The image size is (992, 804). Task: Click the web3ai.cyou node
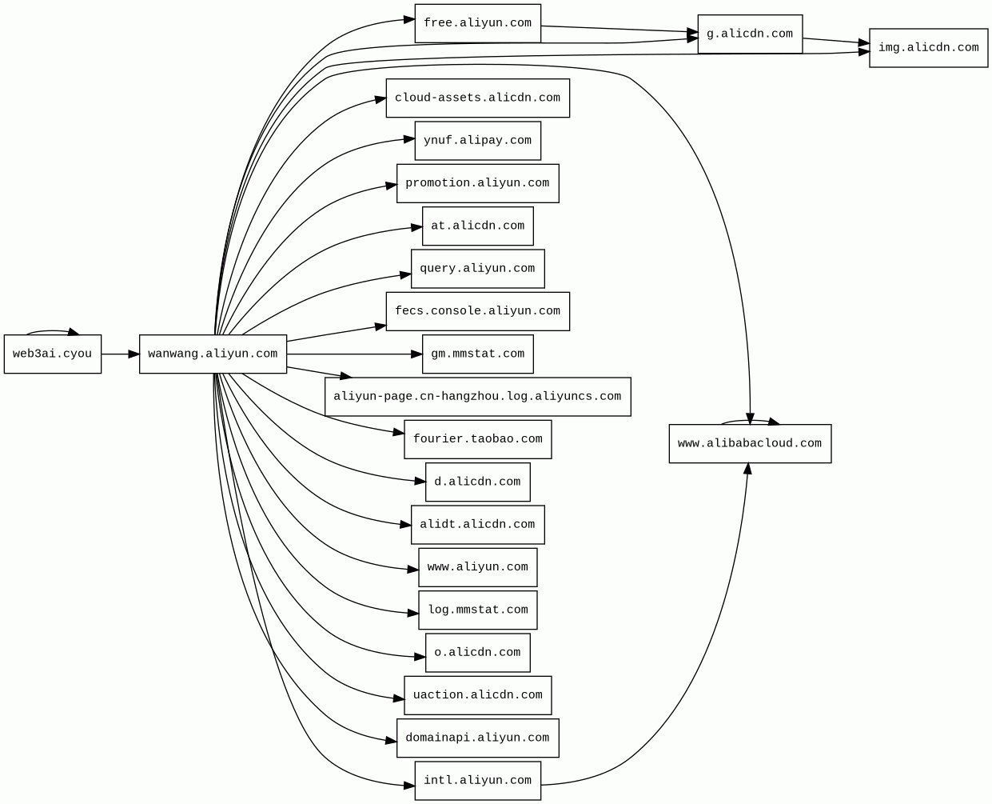[53, 354]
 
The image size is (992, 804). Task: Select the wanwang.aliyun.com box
[213, 354]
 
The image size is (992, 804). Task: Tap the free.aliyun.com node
[477, 24]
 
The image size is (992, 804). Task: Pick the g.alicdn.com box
[750, 34]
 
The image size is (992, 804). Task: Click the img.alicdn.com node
[928, 48]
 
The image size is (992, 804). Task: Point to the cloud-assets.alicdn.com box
[477, 98]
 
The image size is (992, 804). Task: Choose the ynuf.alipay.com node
[477, 141]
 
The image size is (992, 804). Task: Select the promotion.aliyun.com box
[477, 184]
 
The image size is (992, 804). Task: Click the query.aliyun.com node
[477, 269]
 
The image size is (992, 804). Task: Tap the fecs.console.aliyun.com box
[477, 312]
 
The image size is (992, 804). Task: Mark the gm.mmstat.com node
[477, 354]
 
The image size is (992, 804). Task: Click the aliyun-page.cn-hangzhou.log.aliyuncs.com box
[477, 397]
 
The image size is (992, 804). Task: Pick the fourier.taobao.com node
[477, 440]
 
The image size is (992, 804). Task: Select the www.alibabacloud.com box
[750, 444]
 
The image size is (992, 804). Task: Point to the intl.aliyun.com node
[477, 781]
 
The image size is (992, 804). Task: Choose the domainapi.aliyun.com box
[477, 738]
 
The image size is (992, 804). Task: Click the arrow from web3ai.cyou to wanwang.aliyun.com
[120, 354]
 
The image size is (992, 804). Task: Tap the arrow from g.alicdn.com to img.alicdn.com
[835, 41]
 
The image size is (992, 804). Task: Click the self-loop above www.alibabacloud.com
[750, 420]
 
